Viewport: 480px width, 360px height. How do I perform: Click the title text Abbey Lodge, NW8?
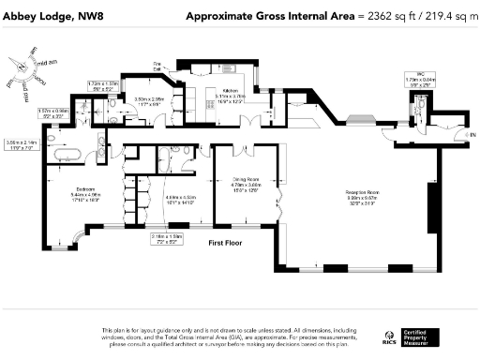(x=51, y=16)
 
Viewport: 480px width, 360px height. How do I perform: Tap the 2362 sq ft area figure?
(x=381, y=16)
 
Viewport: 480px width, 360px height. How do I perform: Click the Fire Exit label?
(x=159, y=66)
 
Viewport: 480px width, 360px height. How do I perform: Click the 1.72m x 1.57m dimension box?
(x=103, y=85)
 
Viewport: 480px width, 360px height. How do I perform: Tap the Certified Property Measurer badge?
(x=423, y=335)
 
